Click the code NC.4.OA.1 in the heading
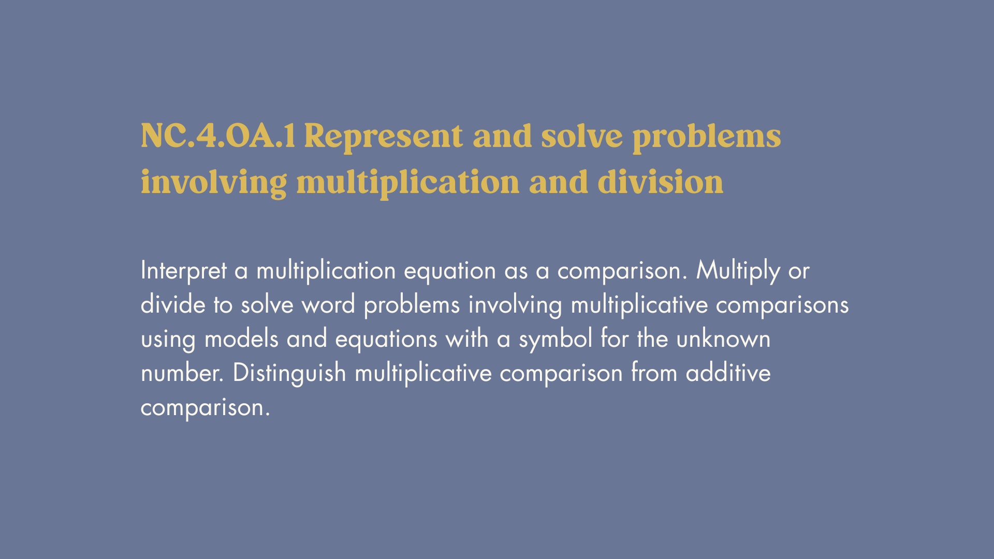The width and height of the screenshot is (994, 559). coord(218,136)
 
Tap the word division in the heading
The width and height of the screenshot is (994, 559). coord(661,182)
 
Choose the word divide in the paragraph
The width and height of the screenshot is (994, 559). coord(173,304)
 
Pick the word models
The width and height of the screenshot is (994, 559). coord(242,339)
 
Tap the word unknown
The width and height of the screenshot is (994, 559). coord(723,339)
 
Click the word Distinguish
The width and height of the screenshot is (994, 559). coord(289,373)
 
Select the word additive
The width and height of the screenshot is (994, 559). coord(728,373)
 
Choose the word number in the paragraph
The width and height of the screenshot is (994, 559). coord(182,373)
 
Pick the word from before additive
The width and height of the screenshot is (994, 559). coord(654,373)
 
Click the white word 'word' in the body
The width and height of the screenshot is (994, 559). coord(328,304)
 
